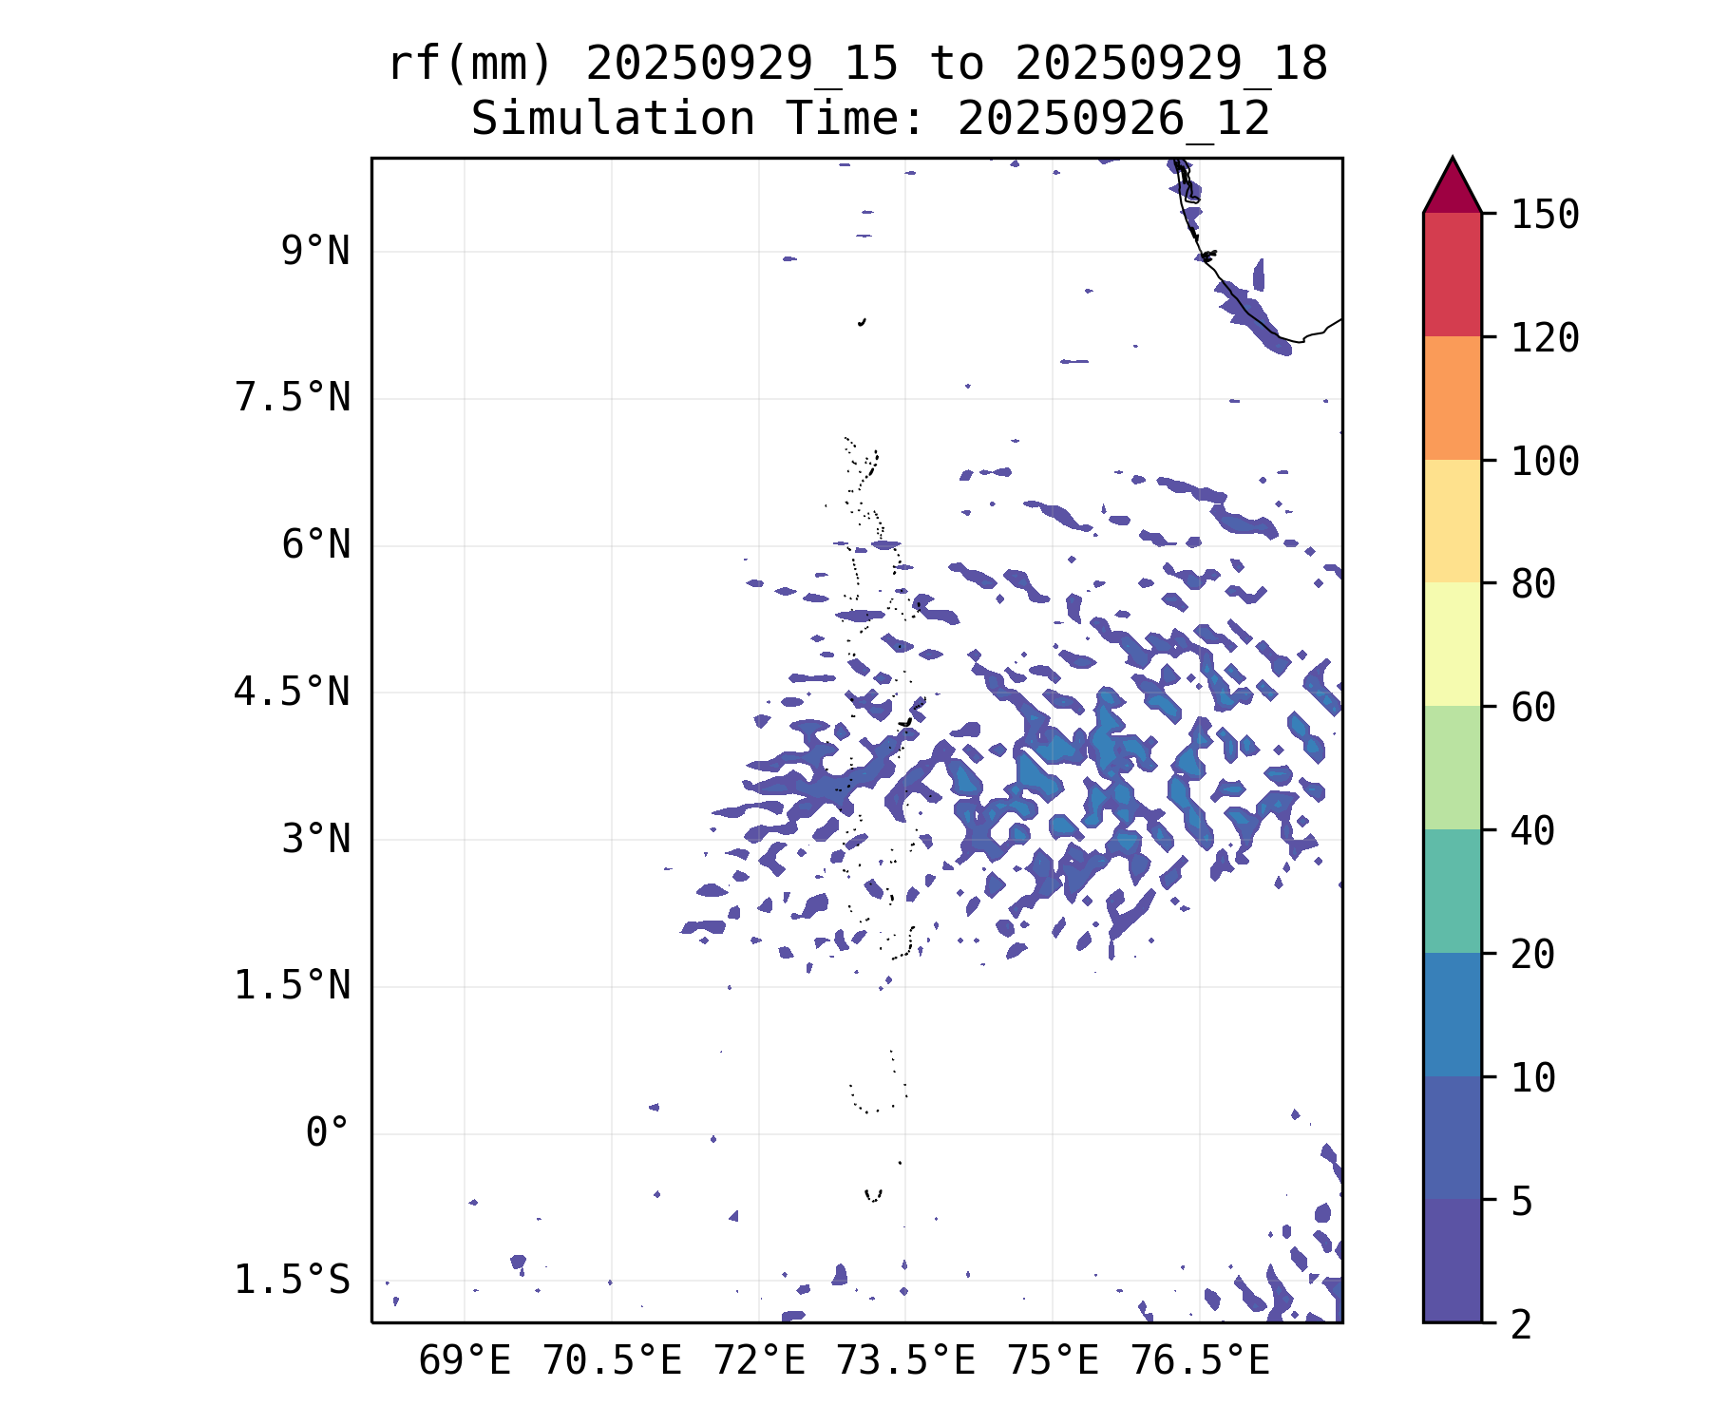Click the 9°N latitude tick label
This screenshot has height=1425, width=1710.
tap(315, 252)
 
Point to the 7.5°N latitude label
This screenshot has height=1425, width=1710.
tap(293, 398)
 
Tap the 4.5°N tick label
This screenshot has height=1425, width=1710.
tap(293, 693)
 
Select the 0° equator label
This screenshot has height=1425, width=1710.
tap(328, 1132)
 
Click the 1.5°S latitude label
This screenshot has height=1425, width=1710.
tap(293, 1281)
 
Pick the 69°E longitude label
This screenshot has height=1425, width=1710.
tap(465, 1361)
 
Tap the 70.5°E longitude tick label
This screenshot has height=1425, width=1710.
tap(612, 1361)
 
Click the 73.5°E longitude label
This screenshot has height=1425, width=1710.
tap(905, 1361)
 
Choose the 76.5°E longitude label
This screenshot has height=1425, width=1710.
tap(1200, 1361)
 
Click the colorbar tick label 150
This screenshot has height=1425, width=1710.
tap(1545, 215)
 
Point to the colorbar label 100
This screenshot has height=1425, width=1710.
tap(1545, 462)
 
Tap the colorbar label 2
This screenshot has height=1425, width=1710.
tap(1522, 1324)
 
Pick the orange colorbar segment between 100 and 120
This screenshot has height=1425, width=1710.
tap(1452, 398)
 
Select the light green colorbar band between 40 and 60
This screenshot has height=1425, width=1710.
tap(1452, 768)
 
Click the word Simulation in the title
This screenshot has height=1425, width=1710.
tap(613, 120)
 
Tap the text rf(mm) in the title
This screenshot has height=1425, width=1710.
tap(470, 65)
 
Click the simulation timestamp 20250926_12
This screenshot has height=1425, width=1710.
tap(1113, 120)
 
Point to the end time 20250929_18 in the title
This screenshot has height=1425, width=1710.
tap(1170, 65)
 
